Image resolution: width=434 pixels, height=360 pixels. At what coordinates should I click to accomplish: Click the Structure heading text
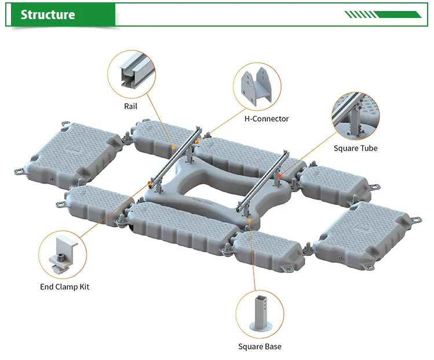point(48,14)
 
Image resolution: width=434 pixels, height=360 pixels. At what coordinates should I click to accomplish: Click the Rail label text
point(130,106)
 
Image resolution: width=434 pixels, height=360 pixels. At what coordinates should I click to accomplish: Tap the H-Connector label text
point(267,119)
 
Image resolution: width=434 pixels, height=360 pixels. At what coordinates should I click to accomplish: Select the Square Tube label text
point(355,148)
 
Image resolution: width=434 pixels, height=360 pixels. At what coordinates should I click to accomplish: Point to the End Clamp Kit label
point(64,286)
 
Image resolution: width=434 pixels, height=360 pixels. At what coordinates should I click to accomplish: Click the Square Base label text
point(260,347)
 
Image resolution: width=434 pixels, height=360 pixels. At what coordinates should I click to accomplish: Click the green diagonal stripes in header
point(382,14)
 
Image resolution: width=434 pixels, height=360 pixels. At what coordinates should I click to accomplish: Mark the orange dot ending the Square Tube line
point(279,175)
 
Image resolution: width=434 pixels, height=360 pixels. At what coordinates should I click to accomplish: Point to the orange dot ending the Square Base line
point(248,218)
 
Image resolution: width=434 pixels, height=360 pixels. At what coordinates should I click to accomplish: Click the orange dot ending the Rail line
point(174,148)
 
